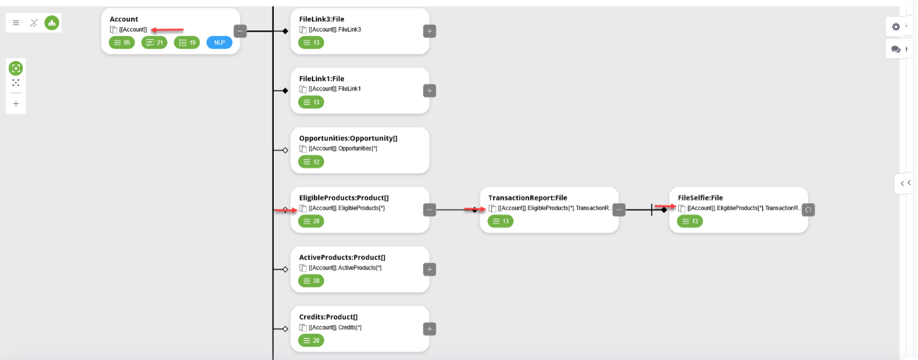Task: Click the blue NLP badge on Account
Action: click(x=219, y=42)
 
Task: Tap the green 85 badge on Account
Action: click(x=122, y=42)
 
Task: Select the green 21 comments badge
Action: click(x=154, y=42)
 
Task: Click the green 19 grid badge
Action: click(x=187, y=42)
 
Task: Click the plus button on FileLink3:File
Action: click(x=429, y=31)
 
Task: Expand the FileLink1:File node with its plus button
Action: click(x=429, y=91)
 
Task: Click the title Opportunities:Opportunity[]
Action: click(x=348, y=138)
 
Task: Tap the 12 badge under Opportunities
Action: click(x=311, y=162)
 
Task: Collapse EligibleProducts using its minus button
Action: click(x=429, y=210)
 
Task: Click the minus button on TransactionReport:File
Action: click(x=619, y=210)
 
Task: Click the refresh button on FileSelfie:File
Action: click(x=808, y=210)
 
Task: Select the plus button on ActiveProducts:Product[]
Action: click(x=429, y=269)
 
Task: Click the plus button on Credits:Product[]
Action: click(x=429, y=329)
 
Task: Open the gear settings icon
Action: click(x=896, y=26)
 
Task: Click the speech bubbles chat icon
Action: click(x=896, y=50)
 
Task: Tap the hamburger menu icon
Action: click(x=16, y=23)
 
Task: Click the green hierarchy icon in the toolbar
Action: click(x=51, y=23)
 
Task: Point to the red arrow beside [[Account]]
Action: click(x=166, y=30)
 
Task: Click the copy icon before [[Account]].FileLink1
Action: click(x=303, y=89)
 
